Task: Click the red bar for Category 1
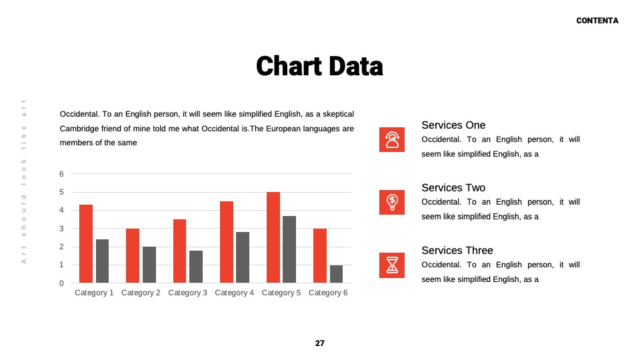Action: (x=86, y=244)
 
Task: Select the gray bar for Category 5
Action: (x=289, y=249)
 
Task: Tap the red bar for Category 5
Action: (x=273, y=237)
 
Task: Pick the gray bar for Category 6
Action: (x=336, y=274)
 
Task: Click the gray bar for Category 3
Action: (x=196, y=267)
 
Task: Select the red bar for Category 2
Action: (x=133, y=255)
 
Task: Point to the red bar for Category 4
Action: (x=227, y=242)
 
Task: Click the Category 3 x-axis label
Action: (x=188, y=293)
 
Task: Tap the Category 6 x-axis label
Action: (x=328, y=293)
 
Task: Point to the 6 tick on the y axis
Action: (x=61, y=174)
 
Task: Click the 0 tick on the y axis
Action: (x=61, y=283)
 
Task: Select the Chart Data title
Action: (x=319, y=66)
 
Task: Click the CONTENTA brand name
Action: (x=597, y=21)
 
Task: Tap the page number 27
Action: (x=320, y=343)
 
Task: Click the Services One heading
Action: (x=453, y=125)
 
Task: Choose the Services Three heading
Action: (x=457, y=250)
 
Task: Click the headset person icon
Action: (x=392, y=139)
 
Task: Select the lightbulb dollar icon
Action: (x=392, y=202)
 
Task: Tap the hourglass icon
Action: (x=392, y=265)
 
